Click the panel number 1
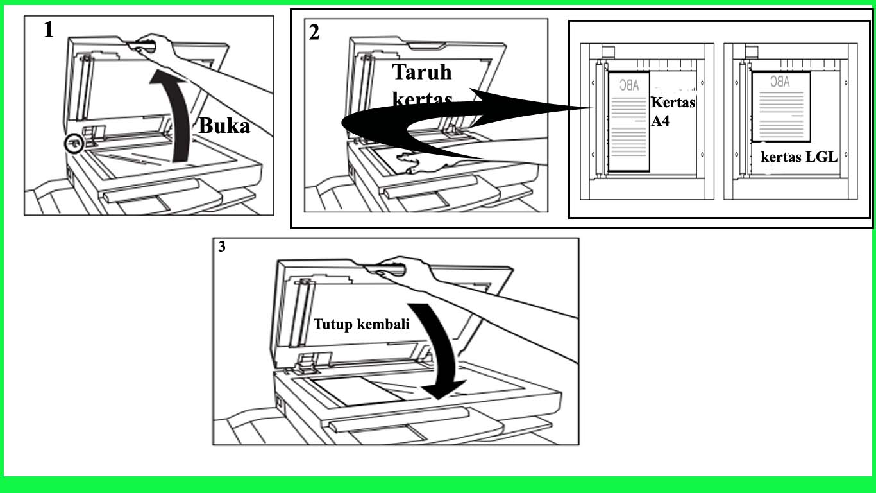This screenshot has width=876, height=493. (x=49, y=30)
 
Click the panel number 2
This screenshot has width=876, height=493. (x=314, y=32)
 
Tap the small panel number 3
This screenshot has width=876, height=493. (x=222, y=247)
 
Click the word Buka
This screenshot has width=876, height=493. (x=224, y=126)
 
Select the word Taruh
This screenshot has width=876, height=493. (x=422, y=71)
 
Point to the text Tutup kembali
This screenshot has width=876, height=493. (x=361, y=324)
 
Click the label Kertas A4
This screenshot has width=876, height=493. (x=672, y=112)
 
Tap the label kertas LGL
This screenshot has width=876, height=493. (x=799, y=157)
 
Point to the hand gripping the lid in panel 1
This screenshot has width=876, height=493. (x=154, y=46)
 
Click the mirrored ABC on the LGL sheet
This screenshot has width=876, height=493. (x=779, y=82)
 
